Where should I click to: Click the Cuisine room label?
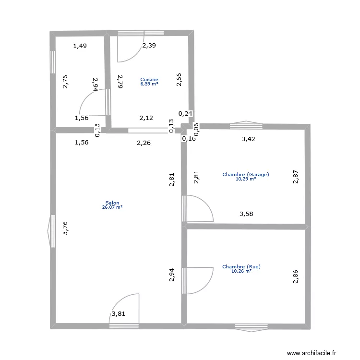(149, 79)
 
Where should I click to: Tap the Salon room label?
(112, 203)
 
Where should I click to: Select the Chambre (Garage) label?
(246, 175)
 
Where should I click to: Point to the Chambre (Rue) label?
(241, 266)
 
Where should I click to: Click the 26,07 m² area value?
(112, 207)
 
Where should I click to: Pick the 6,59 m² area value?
(149, 84)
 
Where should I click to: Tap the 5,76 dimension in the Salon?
(65, 228)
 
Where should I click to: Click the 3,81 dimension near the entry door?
(119, 313)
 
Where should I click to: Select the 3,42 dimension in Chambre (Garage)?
(248, 139)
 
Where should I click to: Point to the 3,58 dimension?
(246, 214)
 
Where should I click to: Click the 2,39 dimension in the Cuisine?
(149, 46)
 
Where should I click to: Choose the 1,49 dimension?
(80, 46)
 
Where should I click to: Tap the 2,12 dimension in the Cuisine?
(146, 118)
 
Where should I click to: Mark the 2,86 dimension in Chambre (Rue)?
(296, 276)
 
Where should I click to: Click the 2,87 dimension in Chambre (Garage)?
(296, 177)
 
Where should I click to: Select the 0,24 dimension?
(185, 113)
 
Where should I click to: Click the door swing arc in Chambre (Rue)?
(206, 287)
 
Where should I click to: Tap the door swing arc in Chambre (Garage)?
(206, 203)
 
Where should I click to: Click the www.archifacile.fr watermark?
(312, 353)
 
